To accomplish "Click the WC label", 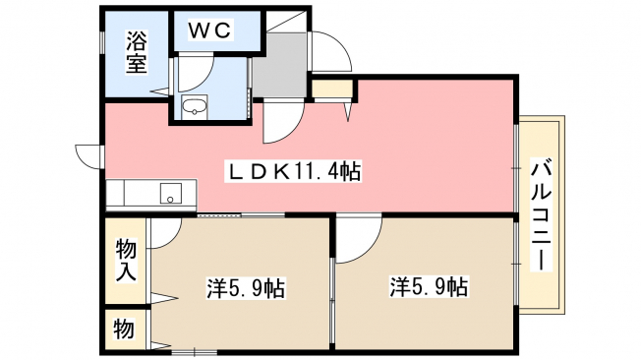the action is pyautogui.click(x=210, y=30).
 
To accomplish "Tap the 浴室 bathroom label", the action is pyautogui.click(x=136, y=52).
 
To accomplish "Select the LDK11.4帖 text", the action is pyautogui.click(x=294, y=171).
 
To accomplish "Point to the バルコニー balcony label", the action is pyautogui.click(x=542, y=214).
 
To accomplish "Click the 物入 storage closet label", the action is pyautogui.click(x=126, y=261).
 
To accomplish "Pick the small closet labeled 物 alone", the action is pyautogui.click(x=124, y=329).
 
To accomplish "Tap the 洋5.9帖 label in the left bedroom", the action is pyautogui.click(x=245, y=288).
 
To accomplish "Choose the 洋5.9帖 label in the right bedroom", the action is pyautogui.click(x=429, y=286).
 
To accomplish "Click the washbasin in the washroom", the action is pyautogui.click(x=195, y=107).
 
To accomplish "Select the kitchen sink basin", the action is pyautogui.click(x=171, y=194).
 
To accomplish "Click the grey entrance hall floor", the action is pyautogui.click(x=280, y=66).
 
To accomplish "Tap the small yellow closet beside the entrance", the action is pyautogui.click(x=332, y=89).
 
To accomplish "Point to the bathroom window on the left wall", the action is pyautogui.click(x=102, y=42).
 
